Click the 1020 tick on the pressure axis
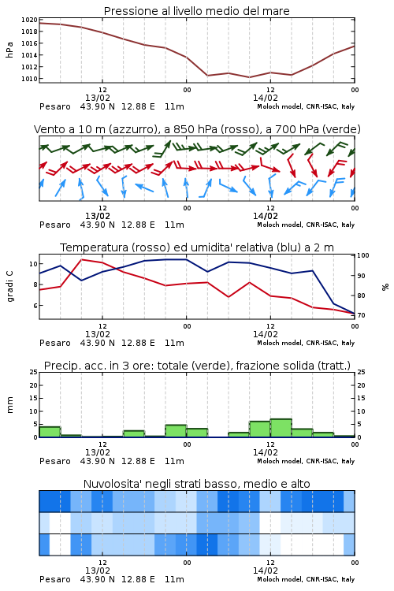29,20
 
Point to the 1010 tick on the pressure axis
29,79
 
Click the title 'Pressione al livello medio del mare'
197,11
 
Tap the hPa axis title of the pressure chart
9,50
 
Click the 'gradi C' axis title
9,287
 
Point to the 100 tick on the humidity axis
363,255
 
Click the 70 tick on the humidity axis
361,315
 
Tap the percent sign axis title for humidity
385,287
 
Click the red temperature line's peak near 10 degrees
82,260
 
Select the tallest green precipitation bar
281,428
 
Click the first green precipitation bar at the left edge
50,432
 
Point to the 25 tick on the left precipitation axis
34,372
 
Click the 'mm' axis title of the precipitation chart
9,405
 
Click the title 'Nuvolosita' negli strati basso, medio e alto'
197,484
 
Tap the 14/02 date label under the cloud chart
266,571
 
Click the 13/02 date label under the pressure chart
98,98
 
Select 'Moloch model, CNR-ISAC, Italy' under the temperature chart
306,343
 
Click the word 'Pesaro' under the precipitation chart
55,461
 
